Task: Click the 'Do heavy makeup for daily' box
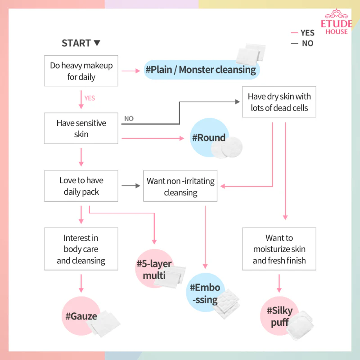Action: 81,71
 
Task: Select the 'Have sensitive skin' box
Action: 81,128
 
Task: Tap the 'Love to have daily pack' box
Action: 81,186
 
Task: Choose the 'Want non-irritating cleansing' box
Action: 180,186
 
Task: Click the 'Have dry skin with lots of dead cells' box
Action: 279,102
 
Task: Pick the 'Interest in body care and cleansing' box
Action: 81,249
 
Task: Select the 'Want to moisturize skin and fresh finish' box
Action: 279,249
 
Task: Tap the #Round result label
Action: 209,138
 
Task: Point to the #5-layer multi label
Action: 154,269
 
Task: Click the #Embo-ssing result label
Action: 205,293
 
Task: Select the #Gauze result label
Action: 81,316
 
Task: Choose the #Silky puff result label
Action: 279,316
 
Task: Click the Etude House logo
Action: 336,22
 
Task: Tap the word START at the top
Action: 76,43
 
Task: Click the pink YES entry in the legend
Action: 302,33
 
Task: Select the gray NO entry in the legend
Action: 302,43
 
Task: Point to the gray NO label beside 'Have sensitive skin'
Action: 129,118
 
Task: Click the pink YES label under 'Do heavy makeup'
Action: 90,98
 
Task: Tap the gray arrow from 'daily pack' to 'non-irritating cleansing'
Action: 130,185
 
